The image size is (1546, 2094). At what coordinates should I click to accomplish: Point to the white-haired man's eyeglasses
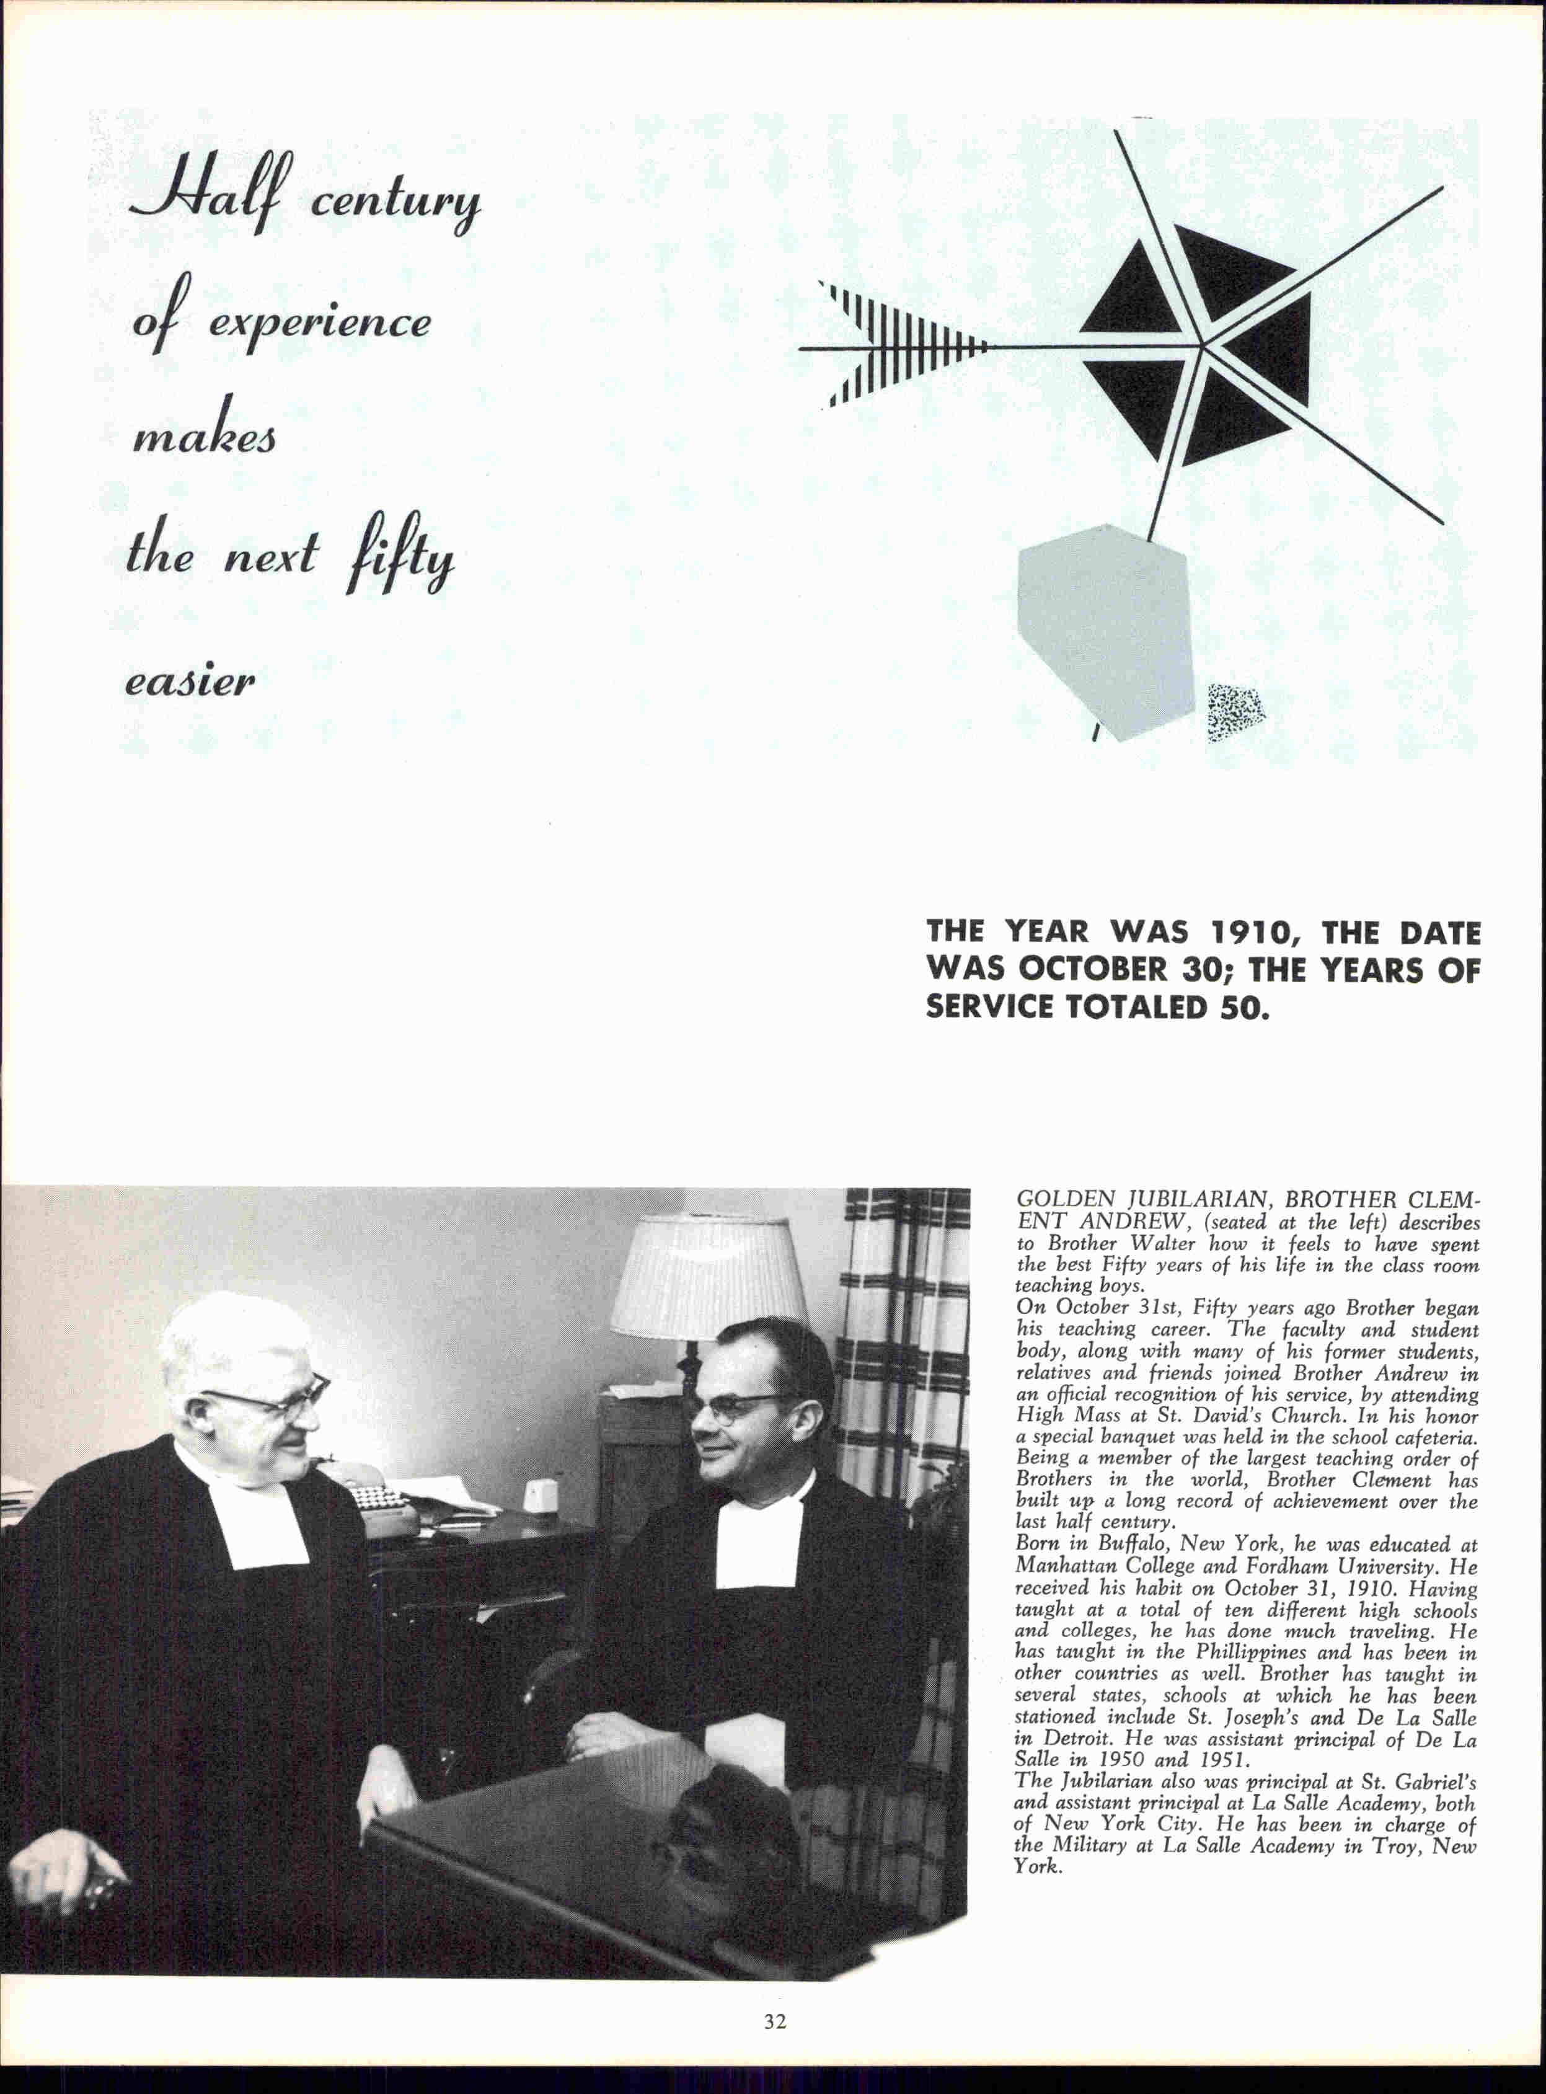(272, 1398)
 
